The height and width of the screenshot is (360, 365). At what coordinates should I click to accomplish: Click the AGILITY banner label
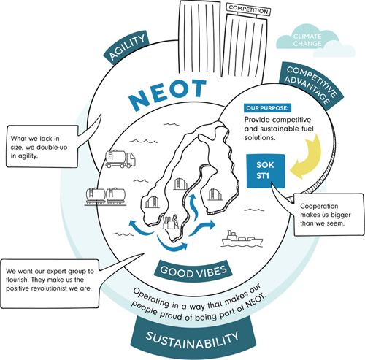[x=126, y=47]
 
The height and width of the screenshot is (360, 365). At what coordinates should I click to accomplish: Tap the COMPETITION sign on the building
[x=248, y=9]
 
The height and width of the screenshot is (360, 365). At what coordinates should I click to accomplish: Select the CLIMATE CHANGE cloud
[x=315, y=41]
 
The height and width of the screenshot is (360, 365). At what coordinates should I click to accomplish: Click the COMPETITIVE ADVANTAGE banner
[x=311, y=85]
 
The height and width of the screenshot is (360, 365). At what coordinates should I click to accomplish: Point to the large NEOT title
[x=168, y=94]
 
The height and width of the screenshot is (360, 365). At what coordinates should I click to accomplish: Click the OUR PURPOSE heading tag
[x=267, y=108]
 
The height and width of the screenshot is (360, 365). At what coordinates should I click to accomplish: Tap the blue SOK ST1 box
[x=266, y=171]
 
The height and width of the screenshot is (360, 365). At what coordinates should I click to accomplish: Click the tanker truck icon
[x=120, y=159]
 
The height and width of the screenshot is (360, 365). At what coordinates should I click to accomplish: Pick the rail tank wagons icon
[x=105, y=196]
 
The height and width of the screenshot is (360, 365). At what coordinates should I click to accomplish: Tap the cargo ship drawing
[x=242, y=239]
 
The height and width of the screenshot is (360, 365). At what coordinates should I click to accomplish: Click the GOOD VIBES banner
[x=193, y=272]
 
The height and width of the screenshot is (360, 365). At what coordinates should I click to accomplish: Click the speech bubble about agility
[x=42, y=146]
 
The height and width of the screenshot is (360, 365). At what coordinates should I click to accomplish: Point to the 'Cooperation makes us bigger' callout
[x=329, y=215]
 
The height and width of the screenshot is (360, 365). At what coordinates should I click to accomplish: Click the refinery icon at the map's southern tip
[x=171, y=222]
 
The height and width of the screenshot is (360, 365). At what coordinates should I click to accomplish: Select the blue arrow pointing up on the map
[x=194, y=207]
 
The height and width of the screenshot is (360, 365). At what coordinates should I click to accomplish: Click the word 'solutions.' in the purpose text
[x=260, y=137]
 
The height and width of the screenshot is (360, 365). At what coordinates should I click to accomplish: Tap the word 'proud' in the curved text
[x=171, y=315]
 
